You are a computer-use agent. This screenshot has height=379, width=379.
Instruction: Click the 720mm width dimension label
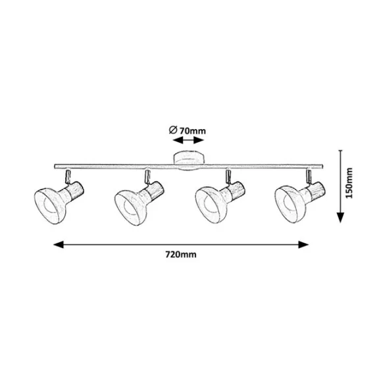pos(181,255)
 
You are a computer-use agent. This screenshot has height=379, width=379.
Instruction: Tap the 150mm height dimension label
pos(349,183)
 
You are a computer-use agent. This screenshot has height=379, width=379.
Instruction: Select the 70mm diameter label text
pos(193,131)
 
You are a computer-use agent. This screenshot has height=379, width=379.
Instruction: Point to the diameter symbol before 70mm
pos(173,130)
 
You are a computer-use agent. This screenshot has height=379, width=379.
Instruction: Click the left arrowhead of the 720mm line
pos(59,244)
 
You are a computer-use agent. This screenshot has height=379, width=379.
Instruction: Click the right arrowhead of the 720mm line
pos(303,244)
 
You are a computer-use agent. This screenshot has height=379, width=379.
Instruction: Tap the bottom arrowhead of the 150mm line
pos(340,217)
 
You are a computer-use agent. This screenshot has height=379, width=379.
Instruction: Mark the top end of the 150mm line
pos(340,150)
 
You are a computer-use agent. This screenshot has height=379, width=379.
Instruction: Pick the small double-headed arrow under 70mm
pos(189,140)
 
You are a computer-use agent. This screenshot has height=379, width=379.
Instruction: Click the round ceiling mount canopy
pos(189,161)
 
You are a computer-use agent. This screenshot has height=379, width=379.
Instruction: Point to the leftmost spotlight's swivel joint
pos(68,176)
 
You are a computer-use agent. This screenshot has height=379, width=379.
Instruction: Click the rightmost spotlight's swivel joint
pos(309,176)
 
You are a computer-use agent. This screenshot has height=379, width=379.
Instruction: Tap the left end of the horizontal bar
pos(55,166)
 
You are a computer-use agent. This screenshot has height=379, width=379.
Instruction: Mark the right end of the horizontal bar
pos(322,166)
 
